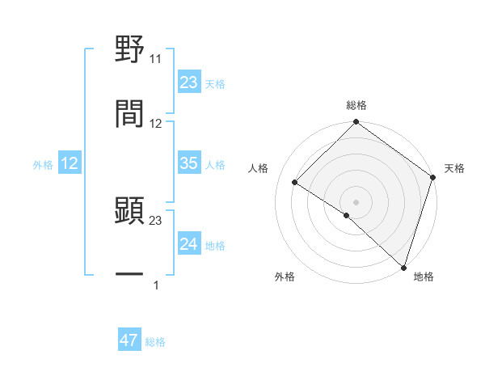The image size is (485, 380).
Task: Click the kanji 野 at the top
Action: [129, 49]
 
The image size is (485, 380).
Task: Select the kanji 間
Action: [129, 113]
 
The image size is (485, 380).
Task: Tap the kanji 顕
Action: [129, 211]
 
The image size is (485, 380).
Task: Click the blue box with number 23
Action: [189, 82]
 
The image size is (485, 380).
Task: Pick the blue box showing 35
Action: [189, 163]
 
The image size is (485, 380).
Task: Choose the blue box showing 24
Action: [189, 244]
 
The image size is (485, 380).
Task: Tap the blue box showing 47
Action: [129, 340]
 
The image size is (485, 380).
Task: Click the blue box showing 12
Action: [70, 163]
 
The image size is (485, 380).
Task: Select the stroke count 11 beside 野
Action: [156, 59]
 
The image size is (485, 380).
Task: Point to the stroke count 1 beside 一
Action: [156, 285]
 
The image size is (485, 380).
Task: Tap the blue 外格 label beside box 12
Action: [43, 164]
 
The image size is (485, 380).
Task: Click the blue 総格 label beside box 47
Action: [155, 341]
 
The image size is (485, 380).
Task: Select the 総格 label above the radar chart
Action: [356, 105]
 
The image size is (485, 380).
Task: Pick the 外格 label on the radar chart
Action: [285, 277]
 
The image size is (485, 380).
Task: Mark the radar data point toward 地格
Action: [403, 266]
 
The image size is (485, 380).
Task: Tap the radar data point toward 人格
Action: [295, 183]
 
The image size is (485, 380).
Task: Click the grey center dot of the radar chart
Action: [356, 201]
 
